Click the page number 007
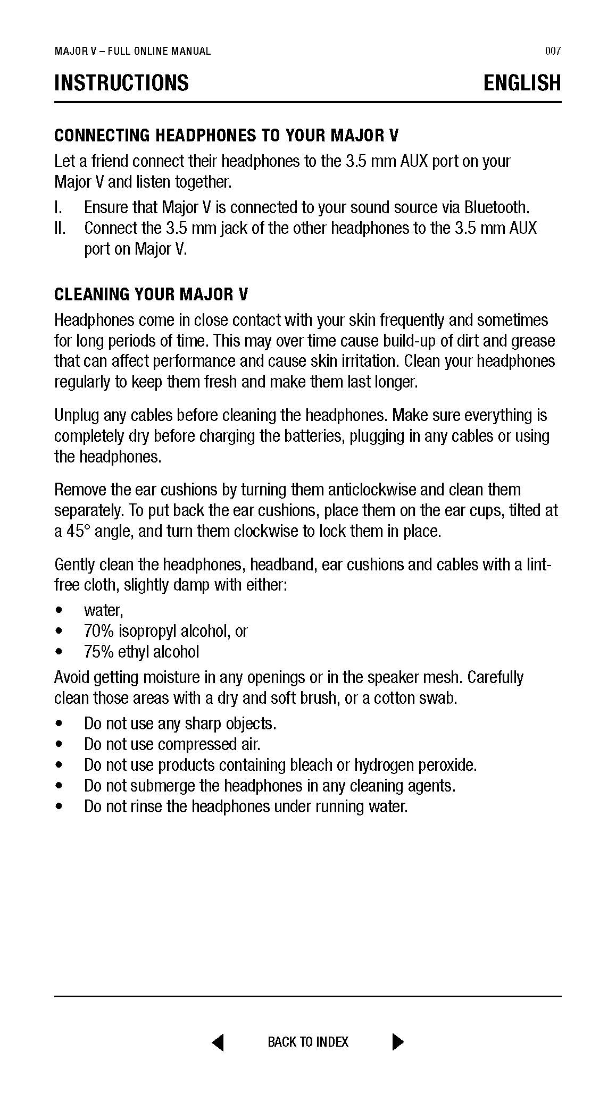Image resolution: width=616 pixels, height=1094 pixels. [x=553, y=51]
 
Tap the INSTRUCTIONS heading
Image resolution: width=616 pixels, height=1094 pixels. [x=121, y=83]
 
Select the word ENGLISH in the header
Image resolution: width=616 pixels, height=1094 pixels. [x=522, y=83]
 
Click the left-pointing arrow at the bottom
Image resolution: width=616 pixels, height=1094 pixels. [x=218, y=1042]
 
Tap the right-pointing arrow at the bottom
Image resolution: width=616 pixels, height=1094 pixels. [x=397, y=1042]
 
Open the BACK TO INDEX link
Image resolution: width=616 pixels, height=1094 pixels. [x=308, y=1042]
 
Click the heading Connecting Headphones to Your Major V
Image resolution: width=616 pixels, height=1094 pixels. [x=226, y=136]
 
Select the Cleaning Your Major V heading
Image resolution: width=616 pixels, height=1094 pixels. [x=151, y=294]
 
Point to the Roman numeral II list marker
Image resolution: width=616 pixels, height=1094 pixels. [x=60, y=229]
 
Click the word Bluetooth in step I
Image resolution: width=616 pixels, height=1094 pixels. [x=496, y=207]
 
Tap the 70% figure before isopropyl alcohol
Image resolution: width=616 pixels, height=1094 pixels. [x=98, y=631]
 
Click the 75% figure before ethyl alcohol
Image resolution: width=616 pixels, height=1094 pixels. [x=98, y=652]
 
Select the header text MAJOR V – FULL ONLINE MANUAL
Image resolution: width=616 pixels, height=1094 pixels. [x=132, y=51]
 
